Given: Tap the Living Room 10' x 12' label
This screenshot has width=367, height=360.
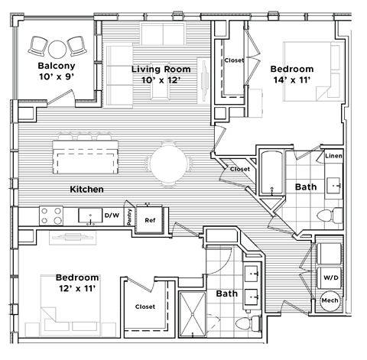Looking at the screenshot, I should pos(161,74).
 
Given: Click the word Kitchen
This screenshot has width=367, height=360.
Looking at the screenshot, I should pos(86,189).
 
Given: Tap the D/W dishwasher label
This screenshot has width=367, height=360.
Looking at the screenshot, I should pos(111,216).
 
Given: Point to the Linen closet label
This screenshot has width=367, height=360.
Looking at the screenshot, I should pos(333,157).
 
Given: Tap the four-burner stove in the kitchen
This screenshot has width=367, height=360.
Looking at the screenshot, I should pos(51,216).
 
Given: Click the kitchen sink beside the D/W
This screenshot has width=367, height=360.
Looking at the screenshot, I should pos(89,216).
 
